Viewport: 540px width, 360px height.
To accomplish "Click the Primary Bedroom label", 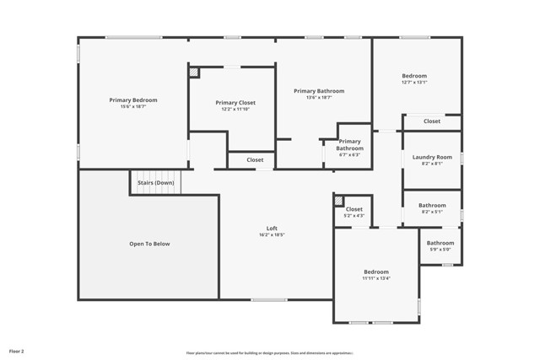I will (x=133, y=100).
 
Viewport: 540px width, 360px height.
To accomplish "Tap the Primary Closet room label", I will (x=235, y=103).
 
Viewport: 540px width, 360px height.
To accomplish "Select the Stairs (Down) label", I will (x=156, y=182).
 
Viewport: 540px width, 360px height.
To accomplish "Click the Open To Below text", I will (x=149, y=244).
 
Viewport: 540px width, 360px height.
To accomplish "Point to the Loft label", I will (x=272, y=228).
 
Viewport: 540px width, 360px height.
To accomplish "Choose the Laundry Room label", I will (x=432, y=157).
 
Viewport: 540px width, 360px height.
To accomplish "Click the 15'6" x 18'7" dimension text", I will (x=133, y=107).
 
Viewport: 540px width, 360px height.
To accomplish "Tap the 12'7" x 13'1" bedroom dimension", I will (x=414, y=83).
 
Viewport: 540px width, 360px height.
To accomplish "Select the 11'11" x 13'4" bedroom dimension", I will (x=376, y=278).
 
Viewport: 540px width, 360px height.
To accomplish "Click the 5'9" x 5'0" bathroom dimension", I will (x=440, y=250).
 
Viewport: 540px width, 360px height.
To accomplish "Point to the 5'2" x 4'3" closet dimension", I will (x=354, y=216).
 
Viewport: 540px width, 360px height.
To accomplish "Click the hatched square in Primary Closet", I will (x=194, y=73).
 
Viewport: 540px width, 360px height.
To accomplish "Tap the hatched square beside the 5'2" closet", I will (x=338, y=201).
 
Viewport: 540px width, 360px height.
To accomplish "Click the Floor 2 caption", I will (x=17, y=350).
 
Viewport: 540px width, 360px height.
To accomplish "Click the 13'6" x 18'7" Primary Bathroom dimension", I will (x=319, y=98).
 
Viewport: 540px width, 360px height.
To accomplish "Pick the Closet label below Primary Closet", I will (x=255, y=159).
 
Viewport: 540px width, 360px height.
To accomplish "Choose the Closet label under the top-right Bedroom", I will (x=432, y=121).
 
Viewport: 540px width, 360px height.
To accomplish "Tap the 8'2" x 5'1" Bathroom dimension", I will (x=432, y=212).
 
